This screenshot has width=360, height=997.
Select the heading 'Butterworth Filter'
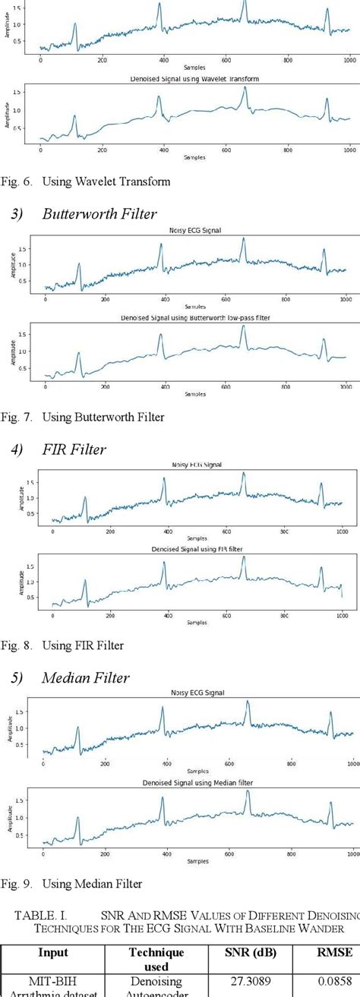coord(95,213)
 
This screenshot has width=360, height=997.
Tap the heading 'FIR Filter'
coord(74,449)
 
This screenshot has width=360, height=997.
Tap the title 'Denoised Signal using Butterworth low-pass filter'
coord(196,317)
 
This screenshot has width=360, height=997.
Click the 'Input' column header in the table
coord(52,952)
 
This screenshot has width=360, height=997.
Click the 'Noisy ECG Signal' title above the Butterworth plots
coord(196,231)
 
